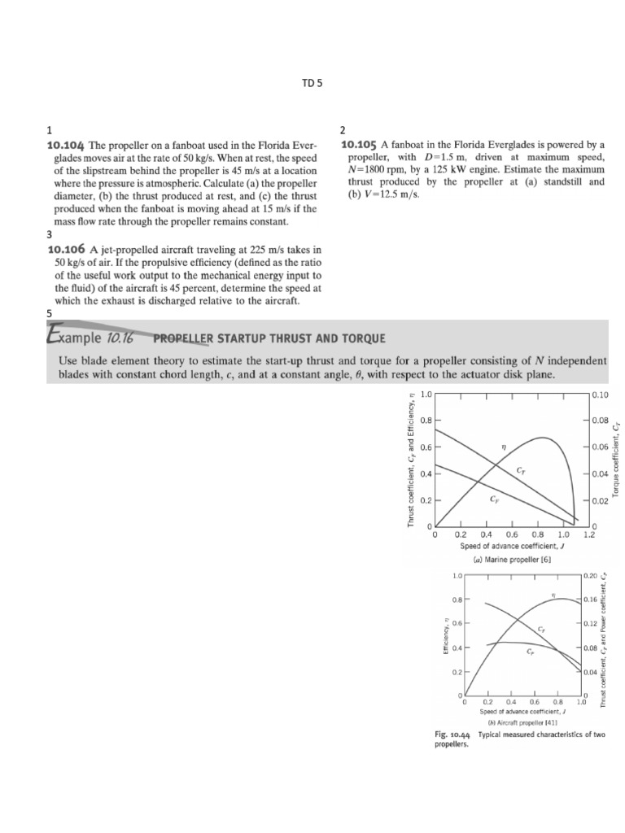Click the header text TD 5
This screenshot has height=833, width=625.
tap(313, 82)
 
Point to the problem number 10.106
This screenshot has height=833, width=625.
tap(68, 250)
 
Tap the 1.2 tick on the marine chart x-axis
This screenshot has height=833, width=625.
tap(589, 534)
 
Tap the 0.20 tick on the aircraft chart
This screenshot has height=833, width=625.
tap(591, 575)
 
